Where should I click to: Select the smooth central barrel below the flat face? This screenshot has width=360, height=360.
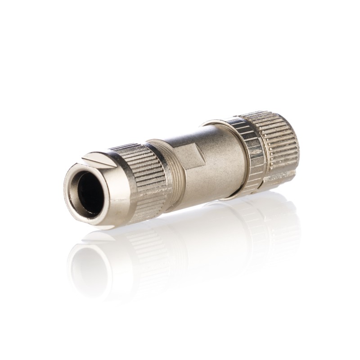(207, 180)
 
